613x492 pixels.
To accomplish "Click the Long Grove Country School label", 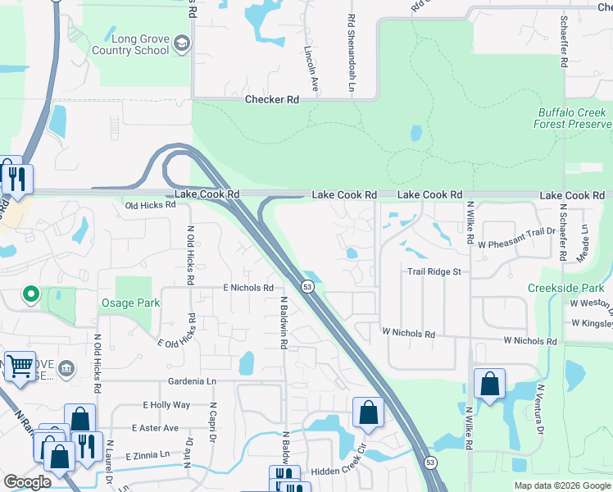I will coord(140,43).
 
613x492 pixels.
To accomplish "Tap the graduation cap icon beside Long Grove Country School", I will coord(182,43).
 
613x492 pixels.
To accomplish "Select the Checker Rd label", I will coord(271,99).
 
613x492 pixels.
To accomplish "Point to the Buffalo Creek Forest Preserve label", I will coord(573,118).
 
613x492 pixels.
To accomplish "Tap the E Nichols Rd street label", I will coord(247,288).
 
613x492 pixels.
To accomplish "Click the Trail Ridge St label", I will coord(434,271).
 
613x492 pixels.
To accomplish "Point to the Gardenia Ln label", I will coord(192,382).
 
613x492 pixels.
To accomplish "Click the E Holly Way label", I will coord(166,405).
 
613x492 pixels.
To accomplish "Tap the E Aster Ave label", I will coord(154,428).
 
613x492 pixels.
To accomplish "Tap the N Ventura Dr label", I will coord(540,407).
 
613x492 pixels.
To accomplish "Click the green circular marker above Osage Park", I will coord(31,293).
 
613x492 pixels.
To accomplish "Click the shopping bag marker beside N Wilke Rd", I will coord(489,384).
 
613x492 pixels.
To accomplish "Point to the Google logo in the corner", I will coord(26,482).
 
